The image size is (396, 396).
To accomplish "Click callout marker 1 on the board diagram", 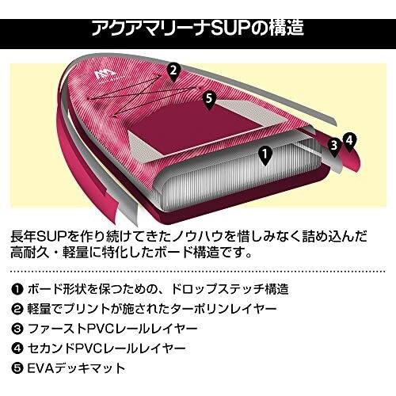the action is pos(265,155).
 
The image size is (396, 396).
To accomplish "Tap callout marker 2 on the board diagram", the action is pos(173,71).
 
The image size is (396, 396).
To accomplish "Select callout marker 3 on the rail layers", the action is pos(334,147).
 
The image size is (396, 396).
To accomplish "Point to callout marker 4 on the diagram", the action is pos(349,141).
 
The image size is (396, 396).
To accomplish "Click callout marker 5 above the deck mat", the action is pos(209,99).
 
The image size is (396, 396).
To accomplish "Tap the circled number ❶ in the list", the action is pos(17,290).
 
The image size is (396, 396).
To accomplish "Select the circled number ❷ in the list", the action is pos(17,309).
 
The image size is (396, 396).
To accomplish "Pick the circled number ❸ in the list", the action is pos(17,329).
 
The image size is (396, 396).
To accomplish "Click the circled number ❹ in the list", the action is pos(17,348).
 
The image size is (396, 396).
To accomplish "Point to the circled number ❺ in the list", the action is pos(17,368).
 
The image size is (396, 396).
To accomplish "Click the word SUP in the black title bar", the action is pos(227,29).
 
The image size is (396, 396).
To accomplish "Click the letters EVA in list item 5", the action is pos(40,368).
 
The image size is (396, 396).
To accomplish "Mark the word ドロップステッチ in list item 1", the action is pos(217,289).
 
